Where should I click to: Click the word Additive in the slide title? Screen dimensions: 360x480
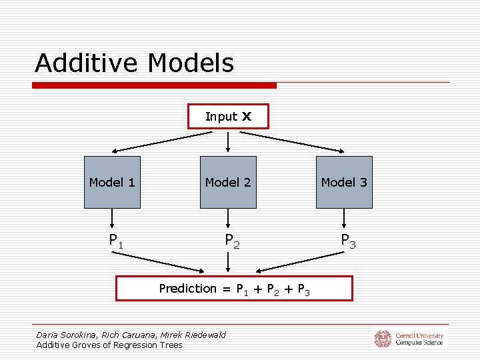(87, 63)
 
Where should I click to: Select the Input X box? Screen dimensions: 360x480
(228, 117)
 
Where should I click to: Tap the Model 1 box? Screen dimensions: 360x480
(112, 182)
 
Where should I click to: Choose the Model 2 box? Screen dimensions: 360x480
(228, 182)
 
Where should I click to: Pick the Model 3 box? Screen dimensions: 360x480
(344, 182)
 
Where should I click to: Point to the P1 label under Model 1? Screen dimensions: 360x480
(116, 240)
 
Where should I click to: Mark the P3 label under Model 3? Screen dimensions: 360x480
(348, 241)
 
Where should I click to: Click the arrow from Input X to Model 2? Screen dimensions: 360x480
(228, 141)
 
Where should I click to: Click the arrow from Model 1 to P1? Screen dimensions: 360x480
(112, 218)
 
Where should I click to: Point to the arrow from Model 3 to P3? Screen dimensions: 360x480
(344, 218)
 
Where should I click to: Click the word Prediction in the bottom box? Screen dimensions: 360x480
(187, 289)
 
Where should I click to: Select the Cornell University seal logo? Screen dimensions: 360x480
(382, 339)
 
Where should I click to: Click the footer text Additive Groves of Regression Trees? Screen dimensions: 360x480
(109, 345)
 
